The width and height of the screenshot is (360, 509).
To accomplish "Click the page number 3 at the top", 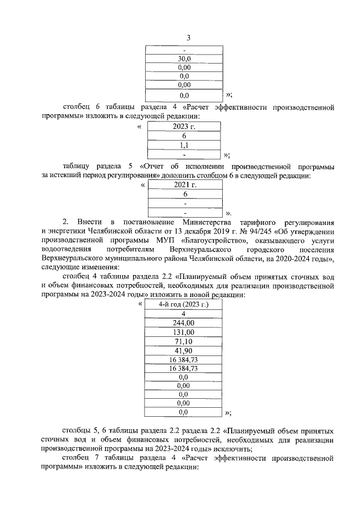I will (188, 38).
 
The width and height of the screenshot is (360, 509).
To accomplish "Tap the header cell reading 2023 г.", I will (184, 127).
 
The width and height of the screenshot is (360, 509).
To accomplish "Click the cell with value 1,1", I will (184, 145).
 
